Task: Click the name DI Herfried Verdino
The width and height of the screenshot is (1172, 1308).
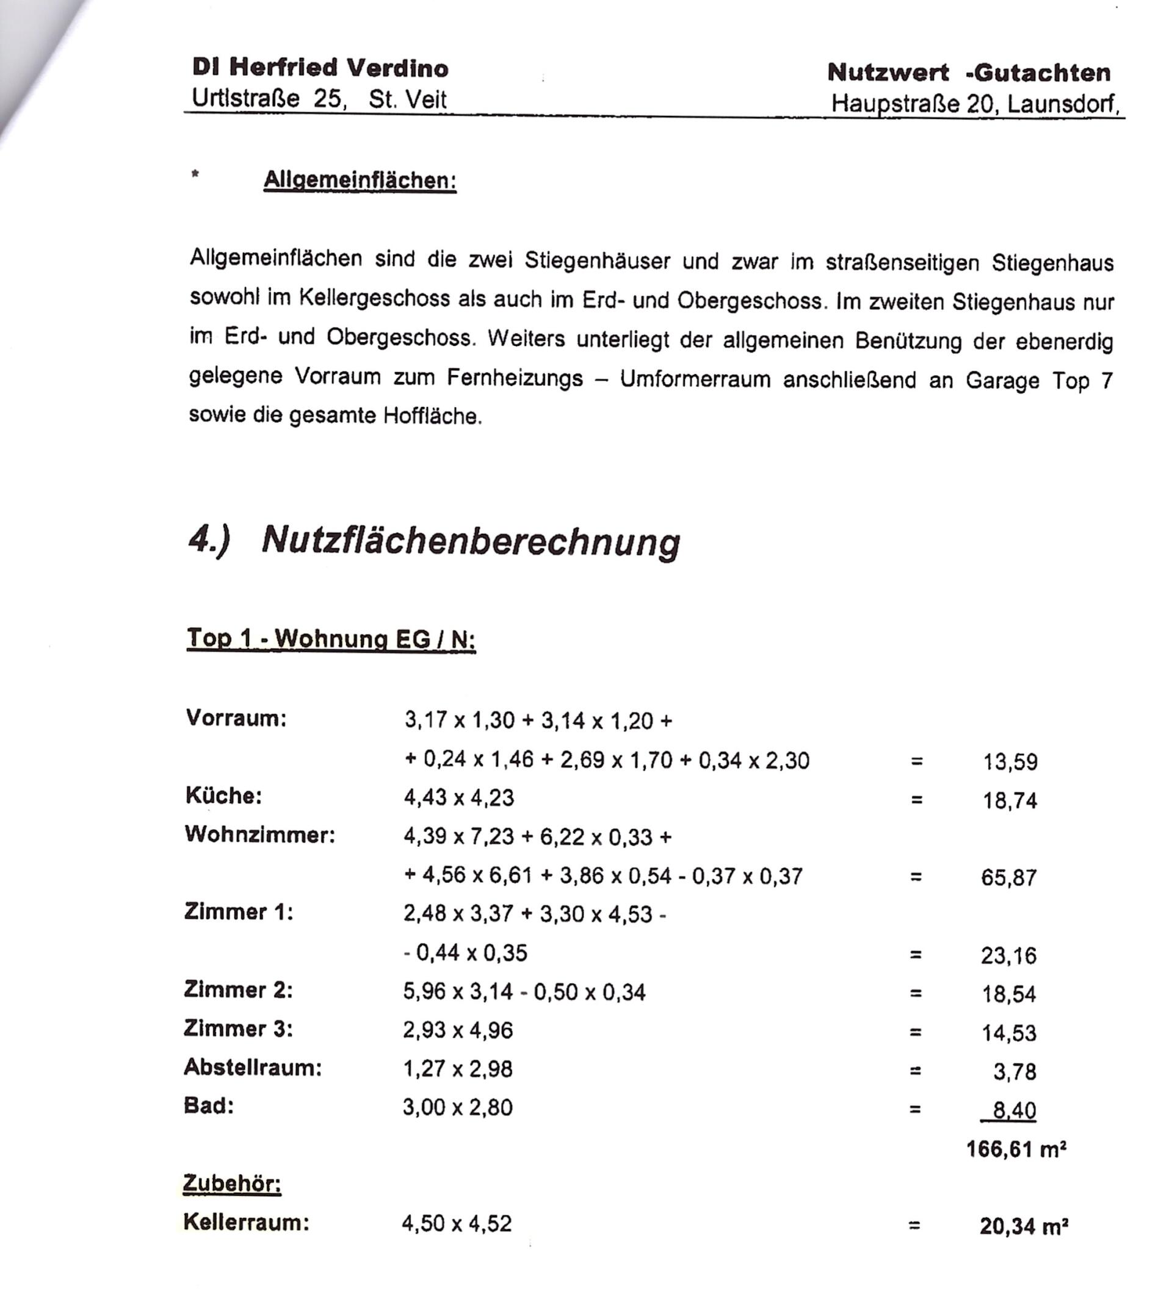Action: (x=320, y=68)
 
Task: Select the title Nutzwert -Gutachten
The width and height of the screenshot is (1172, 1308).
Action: (x=969, y=73)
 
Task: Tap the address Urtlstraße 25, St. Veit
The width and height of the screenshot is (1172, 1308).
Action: (x=319, y=99)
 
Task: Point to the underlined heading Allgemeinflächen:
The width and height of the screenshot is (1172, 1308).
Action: (x=360, y=180)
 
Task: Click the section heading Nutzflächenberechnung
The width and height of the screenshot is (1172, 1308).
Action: (x=470, y=541)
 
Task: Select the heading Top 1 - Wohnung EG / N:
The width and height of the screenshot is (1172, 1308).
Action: (x=331, y=639)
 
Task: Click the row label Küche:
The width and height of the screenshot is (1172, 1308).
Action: (x=223, y=796)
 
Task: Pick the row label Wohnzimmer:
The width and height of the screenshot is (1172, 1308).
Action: (x=259, y=835)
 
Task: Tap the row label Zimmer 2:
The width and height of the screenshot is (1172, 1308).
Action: (x=238, y=990)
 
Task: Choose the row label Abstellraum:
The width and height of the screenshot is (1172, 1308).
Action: (x=253, y=1067)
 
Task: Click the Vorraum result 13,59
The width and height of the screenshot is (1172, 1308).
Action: (x=1010, y=762)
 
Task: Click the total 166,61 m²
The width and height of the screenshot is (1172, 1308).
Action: (x=1016, y=1149)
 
